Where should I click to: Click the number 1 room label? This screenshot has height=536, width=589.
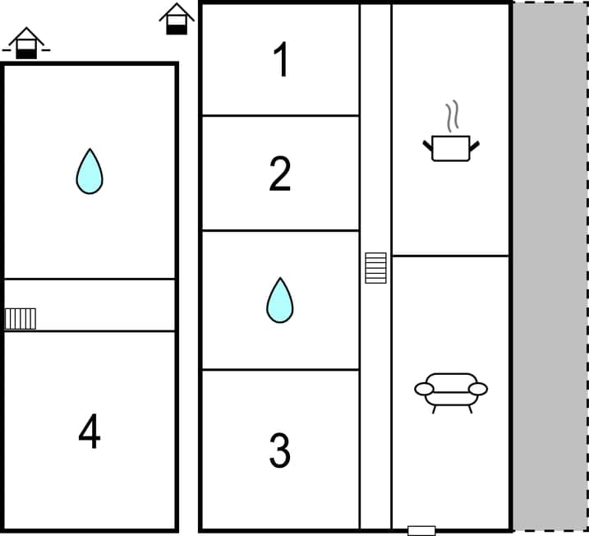click(281, 60)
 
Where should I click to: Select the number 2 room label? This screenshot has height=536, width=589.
click(280, 173)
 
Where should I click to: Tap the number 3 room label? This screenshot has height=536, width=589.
click(280, 450)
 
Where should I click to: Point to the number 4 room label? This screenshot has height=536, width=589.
click(90, 432)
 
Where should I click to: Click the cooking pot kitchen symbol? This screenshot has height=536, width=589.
click(451, 148)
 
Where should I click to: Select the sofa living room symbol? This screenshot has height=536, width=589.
click(451, 390)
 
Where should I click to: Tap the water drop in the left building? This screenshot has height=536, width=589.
click(90, 171)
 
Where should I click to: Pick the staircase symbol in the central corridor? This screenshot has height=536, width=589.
click(375, 268)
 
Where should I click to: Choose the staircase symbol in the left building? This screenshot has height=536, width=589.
click(21, 318)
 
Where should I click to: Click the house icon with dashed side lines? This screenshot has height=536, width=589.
click(26, 43)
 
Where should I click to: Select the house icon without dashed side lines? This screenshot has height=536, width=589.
click(176, 19)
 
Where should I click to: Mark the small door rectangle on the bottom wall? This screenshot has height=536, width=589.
click(421, 530)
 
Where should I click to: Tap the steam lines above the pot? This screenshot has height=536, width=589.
click(451, 117)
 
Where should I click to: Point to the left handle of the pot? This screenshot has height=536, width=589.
click(428, 146)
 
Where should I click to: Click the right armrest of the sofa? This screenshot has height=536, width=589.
click(478, 389)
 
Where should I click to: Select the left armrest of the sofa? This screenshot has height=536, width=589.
click(424, 389)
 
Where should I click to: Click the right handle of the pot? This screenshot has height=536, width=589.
click(474, 146)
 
